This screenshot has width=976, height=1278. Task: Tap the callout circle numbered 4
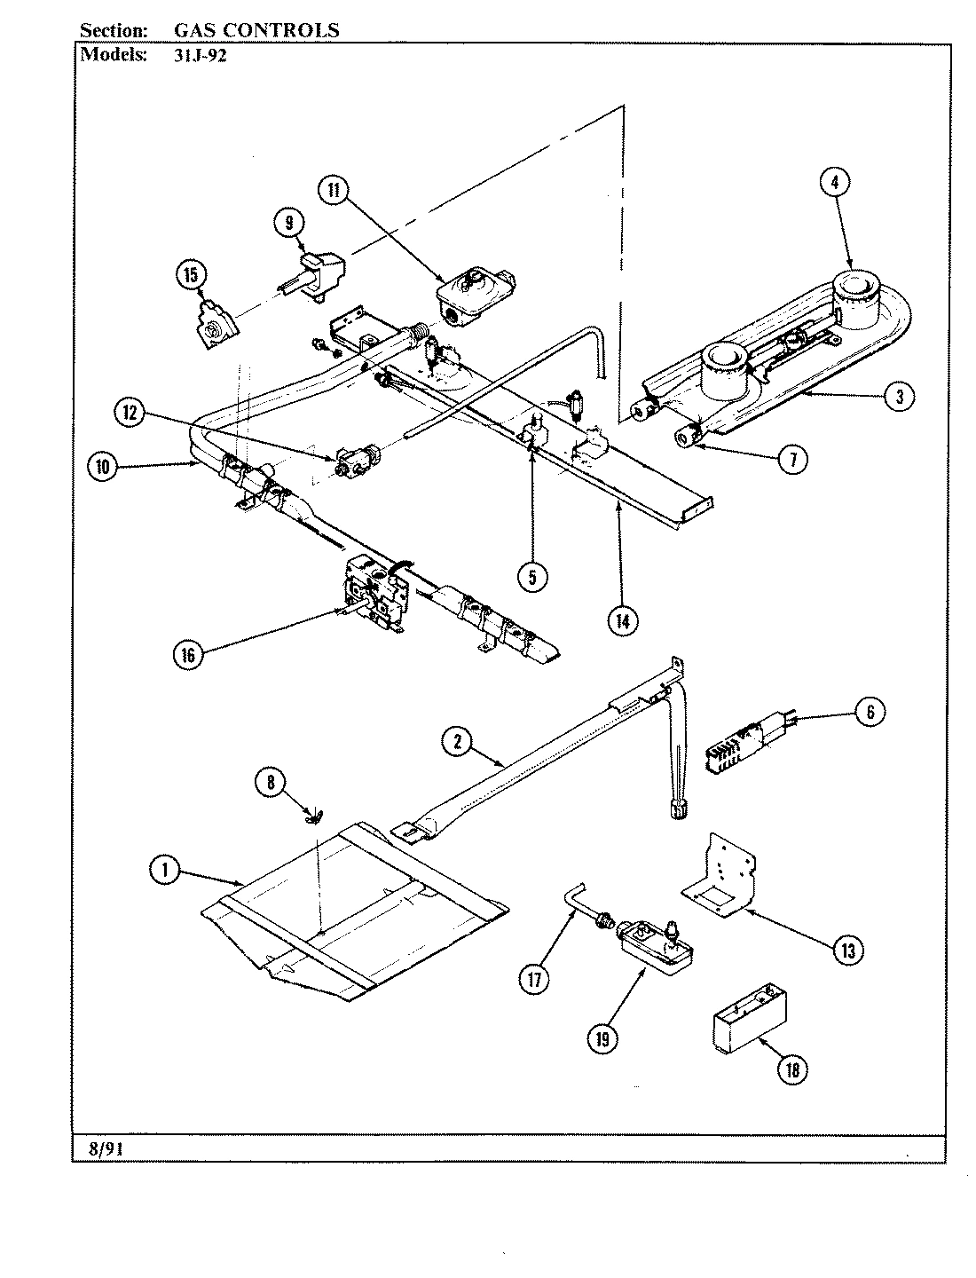click(x=834, y=182)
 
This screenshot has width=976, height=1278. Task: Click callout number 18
click(x=792, y=1069)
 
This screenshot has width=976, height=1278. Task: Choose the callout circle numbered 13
click(x=846, y=951)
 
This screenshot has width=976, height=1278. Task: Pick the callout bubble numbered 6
click(x=870, y=711)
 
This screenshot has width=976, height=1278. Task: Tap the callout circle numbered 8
click(x=272, y=782)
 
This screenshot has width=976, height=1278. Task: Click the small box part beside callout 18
click(x=751, y=1022)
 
